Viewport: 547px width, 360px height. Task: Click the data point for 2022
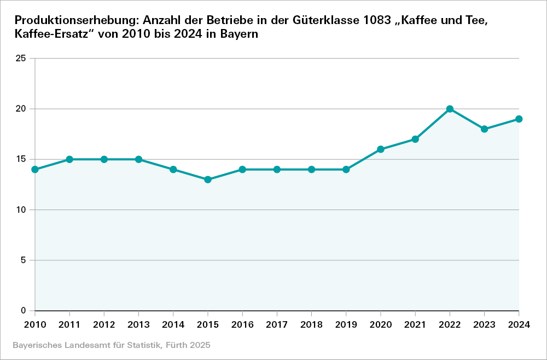coord(450,109)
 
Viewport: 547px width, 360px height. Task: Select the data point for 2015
coord(208,179)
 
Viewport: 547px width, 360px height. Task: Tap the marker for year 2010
coord(35,170)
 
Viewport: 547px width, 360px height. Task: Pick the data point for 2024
coord(519,119)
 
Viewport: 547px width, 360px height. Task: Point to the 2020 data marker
coord(381,149)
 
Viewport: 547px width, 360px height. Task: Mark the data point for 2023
coord(485,129)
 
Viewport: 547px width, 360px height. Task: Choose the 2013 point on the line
coord(138,159)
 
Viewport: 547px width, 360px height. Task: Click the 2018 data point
coord(312,170)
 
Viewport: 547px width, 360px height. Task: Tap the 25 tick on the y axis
coord(21,58)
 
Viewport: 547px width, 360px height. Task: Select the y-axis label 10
coord(21,210)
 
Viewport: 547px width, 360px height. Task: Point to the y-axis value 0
coord(24,311)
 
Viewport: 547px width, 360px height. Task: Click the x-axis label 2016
coord(242,325)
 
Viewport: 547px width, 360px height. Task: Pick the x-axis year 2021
coord(415,325)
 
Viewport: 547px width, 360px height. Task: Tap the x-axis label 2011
coord(69,325)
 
